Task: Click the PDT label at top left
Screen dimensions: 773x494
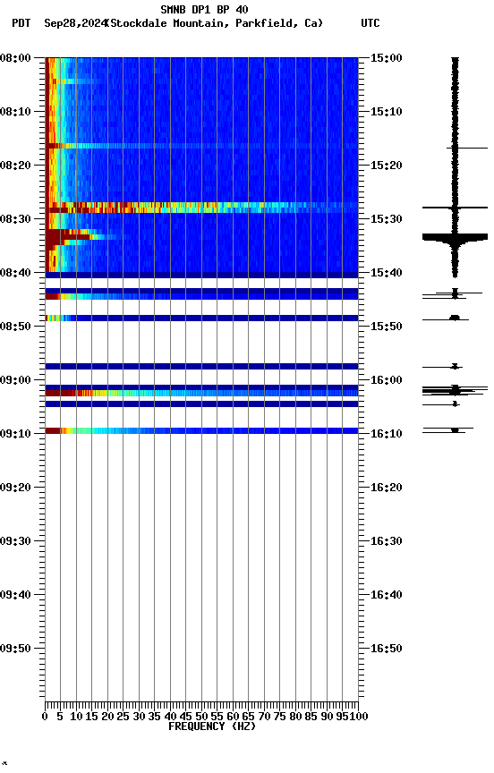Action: tap(21, 23)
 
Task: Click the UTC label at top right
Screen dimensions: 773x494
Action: tap(370, 23)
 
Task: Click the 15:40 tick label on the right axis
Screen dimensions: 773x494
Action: tap(386, 273)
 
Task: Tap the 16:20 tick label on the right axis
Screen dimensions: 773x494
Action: tap(386, 488)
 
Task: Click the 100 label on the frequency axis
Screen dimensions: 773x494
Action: tap(358, 716)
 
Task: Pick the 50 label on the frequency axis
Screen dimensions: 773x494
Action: tap(201, 716)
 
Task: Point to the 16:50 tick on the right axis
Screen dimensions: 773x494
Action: tap(386, 649)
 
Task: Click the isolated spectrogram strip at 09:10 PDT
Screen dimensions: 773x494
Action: tap(201, 430)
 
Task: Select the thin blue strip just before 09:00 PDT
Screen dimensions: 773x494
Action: tap(201, 366)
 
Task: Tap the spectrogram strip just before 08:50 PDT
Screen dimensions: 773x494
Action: tap(201, 318)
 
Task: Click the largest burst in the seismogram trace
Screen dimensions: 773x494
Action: tap(455, 237)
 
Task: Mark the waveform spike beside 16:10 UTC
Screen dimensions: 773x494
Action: tap(455, 430)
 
